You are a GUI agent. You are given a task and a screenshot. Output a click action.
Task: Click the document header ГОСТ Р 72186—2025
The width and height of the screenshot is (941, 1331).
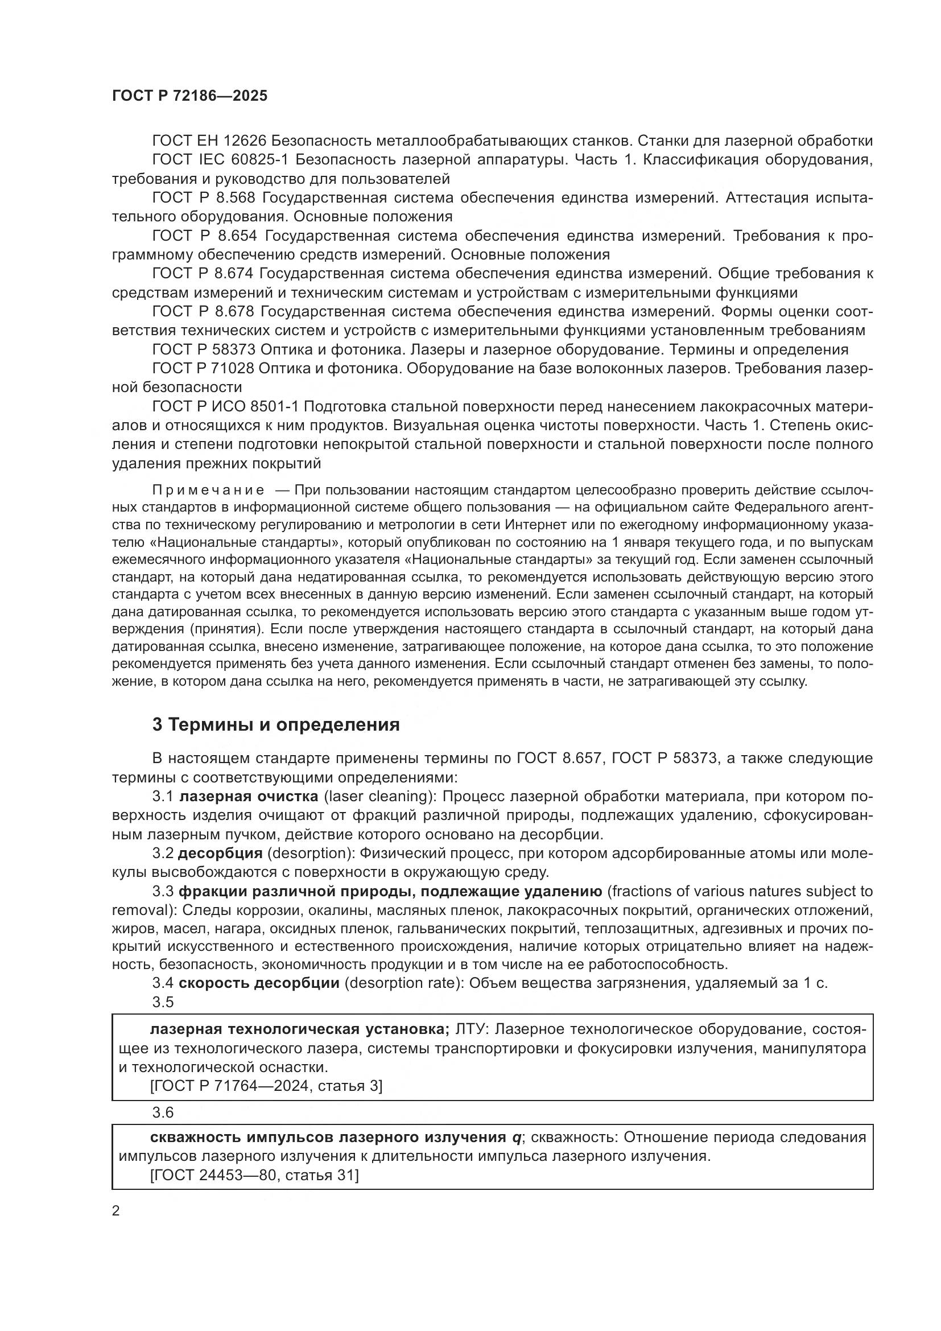pos(189,96)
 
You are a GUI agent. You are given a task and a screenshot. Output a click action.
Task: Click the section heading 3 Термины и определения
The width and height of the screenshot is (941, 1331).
pos(276,724)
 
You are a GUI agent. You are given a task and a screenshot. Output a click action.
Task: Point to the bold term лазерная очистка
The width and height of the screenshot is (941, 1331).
pos(249,797)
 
